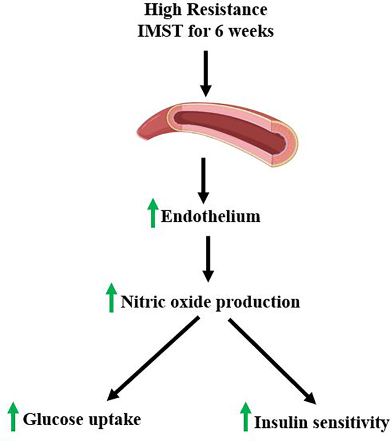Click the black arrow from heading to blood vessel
tap(206, 73)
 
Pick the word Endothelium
tap(210, 217)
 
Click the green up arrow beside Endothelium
tap(153, 213)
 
